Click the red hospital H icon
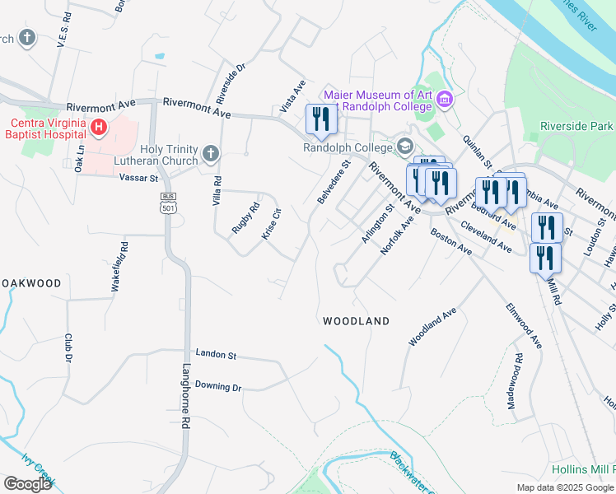click(99, 127)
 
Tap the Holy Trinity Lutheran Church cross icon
click(211, 153)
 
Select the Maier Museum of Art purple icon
click(446, 100)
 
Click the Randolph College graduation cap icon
click(404, 147)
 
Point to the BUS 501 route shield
click(167, 203)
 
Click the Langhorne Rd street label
click(186, 395)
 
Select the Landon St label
click(216, 355)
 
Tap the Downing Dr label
click(217, 385)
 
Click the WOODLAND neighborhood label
click(356, 320)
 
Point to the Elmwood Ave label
click(524, 326)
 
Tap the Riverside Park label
click(576, 126)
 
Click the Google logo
click(27, 483)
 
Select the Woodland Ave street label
click(432, 326)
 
